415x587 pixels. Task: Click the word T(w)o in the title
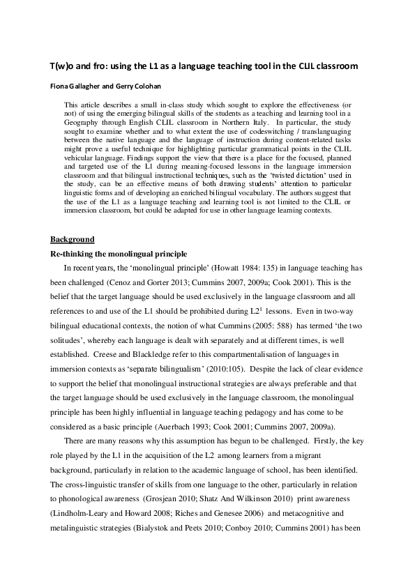(60, 66)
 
